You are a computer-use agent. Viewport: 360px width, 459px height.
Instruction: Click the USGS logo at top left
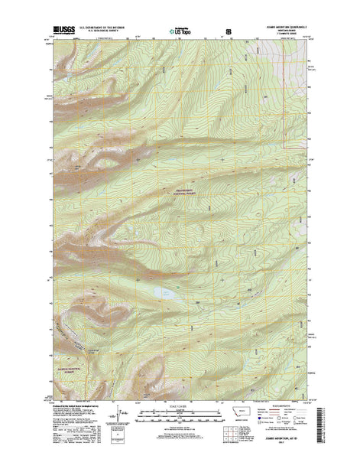[x=64, y=31]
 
